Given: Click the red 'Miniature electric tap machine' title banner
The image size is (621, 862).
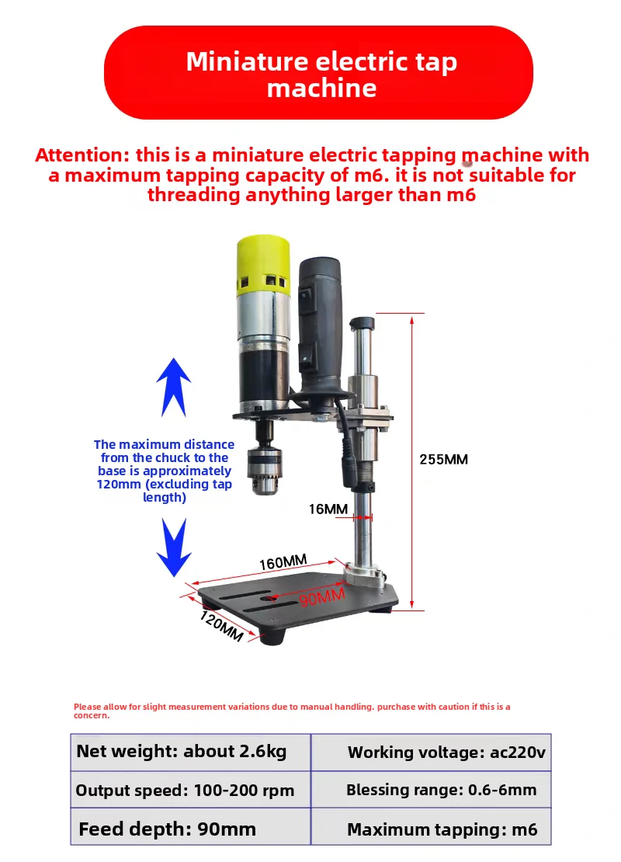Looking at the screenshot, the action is point(318,72).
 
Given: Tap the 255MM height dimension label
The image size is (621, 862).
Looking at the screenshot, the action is point(443,460).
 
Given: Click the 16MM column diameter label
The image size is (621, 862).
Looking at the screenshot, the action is point(328,509).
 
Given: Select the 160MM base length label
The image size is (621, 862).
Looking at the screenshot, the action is point(283,562).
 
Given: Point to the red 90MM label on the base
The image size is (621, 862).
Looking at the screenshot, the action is point(323,596).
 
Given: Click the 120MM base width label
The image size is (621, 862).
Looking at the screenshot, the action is point(221,626).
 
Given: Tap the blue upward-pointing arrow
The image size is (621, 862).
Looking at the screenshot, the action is point(174,387).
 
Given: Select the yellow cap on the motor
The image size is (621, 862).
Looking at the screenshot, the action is point(263,266).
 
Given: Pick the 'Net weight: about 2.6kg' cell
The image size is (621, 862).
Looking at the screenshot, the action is point(191,752).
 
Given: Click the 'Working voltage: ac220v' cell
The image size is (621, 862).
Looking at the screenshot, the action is point(431,752).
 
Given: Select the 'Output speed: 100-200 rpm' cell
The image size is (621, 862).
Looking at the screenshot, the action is point(191,790).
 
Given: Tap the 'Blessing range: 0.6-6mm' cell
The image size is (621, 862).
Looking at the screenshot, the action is point(431,790).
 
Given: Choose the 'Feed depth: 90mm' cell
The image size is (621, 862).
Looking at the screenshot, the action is point(191,826).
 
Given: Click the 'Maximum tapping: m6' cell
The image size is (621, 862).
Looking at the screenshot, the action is point(431,826).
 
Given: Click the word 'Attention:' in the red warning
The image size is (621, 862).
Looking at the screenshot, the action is point(83,155).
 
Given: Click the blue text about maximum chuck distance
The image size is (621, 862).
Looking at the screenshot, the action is point(165,471).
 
